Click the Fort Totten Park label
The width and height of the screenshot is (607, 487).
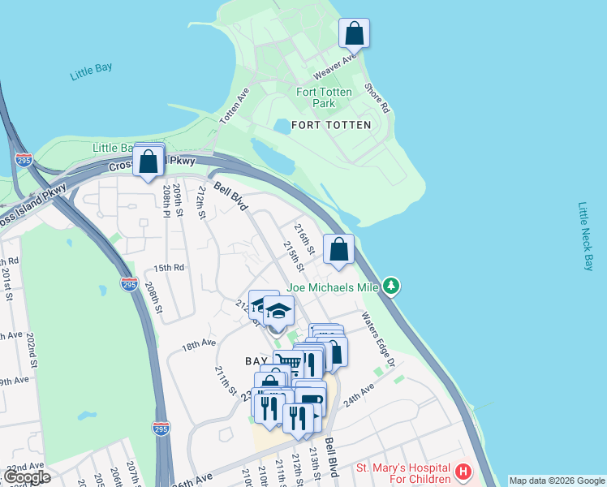324,97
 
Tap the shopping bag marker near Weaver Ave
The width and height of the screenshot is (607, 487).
354,34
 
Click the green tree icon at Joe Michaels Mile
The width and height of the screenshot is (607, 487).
392,285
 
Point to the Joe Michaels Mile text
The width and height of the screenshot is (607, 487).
331,287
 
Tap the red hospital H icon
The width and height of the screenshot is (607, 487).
463,472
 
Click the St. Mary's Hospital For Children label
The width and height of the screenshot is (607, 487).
403,475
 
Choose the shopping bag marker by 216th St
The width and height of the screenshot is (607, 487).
339,250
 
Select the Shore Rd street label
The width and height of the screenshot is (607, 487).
378,98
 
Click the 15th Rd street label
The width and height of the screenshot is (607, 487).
169,267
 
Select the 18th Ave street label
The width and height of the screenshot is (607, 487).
199,345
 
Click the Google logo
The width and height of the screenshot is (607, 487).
27,477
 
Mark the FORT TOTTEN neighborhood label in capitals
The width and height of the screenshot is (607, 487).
330,125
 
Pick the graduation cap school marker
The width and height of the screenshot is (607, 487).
279,311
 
